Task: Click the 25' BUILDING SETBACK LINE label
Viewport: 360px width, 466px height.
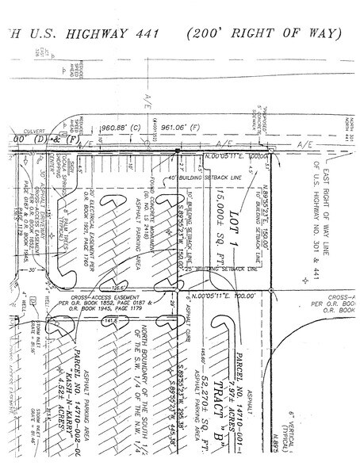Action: (230, 269)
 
